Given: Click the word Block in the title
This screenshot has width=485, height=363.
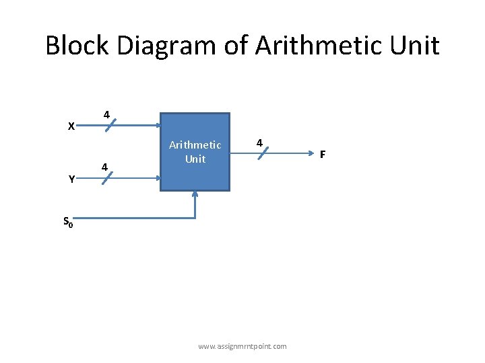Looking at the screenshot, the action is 77,46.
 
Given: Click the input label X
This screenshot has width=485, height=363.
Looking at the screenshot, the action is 71,126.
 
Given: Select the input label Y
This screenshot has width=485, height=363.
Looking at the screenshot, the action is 71,179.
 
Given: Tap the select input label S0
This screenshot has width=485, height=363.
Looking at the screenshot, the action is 69,221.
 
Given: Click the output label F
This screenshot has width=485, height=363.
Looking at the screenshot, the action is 323,155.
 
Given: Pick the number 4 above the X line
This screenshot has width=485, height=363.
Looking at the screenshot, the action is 106,114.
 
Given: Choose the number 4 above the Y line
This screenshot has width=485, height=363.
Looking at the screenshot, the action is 104,166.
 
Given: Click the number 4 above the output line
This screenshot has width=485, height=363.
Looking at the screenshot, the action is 259,143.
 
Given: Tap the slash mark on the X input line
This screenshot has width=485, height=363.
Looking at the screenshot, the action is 108,125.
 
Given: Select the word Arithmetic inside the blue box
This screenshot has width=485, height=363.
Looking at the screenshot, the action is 195,145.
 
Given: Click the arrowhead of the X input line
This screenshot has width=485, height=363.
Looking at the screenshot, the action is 156,125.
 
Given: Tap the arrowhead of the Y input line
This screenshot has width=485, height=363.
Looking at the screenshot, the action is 156,178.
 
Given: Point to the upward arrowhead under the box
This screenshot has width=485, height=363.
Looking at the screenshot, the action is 195,195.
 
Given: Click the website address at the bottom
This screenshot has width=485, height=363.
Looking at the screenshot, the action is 243,346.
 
